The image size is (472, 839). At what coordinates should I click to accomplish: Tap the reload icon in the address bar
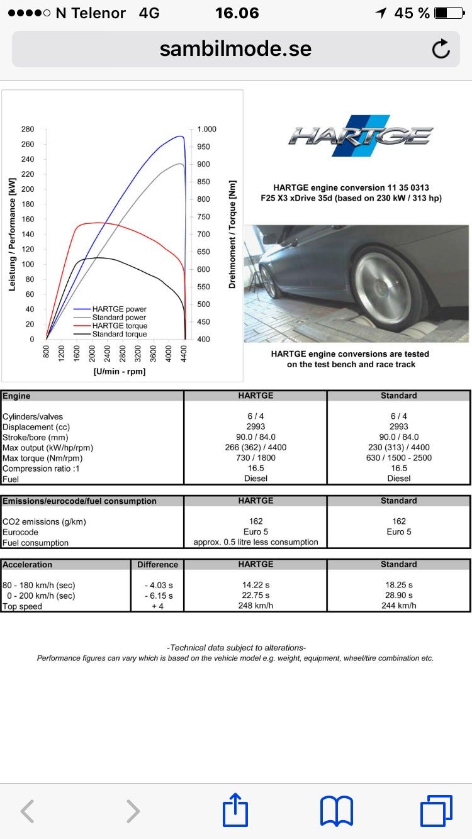click(x=441, y=49)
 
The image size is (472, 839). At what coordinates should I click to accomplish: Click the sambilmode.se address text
click(x=235, y=49)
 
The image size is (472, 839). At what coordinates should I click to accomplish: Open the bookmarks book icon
click(x=337, y=811)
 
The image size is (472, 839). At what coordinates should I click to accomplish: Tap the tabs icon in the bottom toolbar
click(x=435, y=811)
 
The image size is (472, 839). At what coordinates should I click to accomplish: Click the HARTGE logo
click(x=361, y=135)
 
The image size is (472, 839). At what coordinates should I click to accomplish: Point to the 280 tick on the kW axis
click(x=28, y=129)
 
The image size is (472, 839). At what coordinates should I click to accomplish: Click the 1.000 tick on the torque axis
click(x=206, y=129)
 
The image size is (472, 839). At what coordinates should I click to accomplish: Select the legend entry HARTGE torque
click(x=120, y=326)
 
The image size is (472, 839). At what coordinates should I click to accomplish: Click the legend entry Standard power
click(x=119, y=318)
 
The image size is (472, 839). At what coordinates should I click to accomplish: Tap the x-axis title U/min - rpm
click(x=120, y=372)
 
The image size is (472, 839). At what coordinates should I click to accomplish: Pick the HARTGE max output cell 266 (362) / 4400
click(x=256, y=448)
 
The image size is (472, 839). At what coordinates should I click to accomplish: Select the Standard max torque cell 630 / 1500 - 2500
click(x=399, y=458)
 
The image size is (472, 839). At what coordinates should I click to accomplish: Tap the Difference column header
click(x=157, y=565)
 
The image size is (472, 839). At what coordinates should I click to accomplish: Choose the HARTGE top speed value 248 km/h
click(x=256, y=606)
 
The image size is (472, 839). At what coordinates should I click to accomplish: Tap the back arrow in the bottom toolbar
click(x=27, y=811)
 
